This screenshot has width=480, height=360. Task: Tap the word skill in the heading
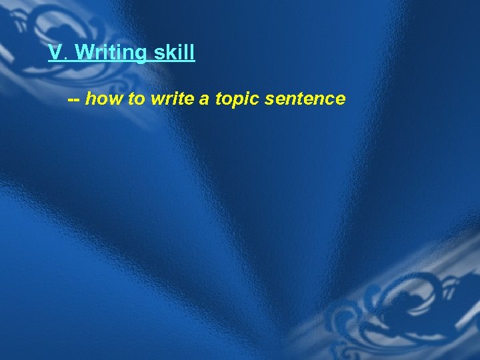175,53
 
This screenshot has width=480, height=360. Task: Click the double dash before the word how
74,100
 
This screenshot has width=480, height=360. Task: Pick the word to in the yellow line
136,99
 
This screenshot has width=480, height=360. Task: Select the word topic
237,100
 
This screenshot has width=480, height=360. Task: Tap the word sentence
305,99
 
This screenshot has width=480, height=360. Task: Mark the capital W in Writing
85,53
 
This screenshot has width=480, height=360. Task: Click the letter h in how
91,99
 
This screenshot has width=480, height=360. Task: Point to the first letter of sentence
269,101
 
